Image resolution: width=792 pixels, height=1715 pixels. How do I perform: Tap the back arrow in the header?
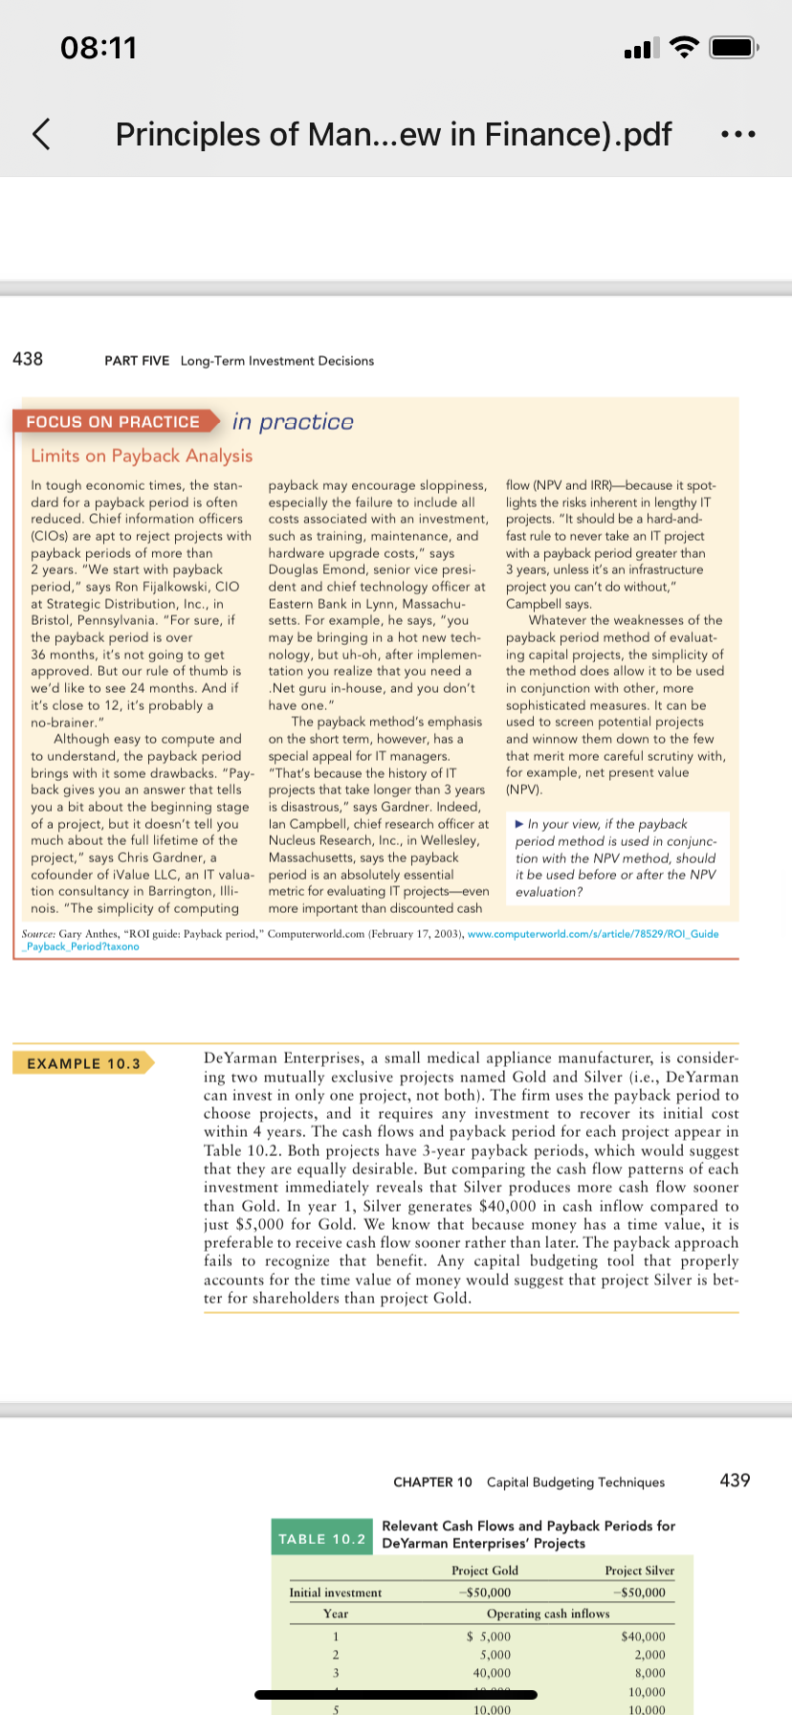click(41, 134)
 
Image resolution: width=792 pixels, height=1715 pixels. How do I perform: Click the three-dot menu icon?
click(738, 135)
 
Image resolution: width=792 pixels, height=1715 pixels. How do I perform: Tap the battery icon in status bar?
click(734, 47)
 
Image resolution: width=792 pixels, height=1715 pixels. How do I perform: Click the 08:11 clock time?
click(99, 47)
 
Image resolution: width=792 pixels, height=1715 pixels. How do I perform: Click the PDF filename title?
click(393, 134)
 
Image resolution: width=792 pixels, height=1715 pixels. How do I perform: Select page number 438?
click(28, 359)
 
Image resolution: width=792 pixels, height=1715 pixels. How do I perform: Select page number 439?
click(735, 1481)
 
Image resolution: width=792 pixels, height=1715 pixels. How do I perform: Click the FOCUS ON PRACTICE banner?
click(114, 422)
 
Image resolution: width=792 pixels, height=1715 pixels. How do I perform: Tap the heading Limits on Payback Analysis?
click(142, 456)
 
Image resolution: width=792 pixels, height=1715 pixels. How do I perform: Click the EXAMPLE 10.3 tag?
click(83, 1063)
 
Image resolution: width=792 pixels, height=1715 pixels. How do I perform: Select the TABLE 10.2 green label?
click(322, 1539)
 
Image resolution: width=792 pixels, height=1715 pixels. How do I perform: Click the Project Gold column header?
click(485, 1570)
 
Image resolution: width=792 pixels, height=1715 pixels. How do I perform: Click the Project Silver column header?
click(639, 1570)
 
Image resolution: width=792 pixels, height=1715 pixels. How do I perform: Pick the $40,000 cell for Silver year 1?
click(643, 1637)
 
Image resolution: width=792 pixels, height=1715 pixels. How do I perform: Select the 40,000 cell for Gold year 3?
click(492, 1673)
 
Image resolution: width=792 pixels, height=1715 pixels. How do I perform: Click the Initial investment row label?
click(335, 1592)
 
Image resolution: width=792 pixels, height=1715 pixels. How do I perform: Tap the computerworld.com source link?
click(592, 934)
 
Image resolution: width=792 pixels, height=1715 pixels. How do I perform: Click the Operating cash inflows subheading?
click(547, 1614)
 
